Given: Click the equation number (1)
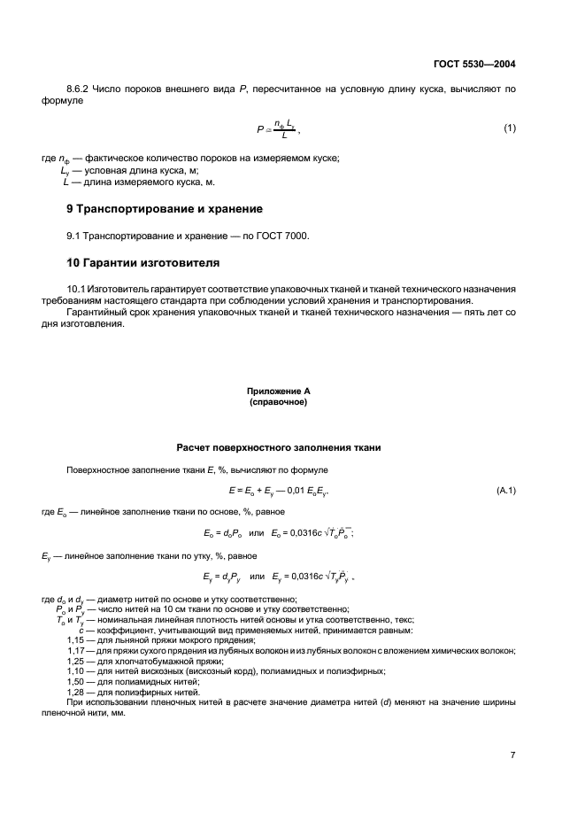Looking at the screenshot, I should click(509, 128).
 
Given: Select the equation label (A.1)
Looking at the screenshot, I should click(506, 490).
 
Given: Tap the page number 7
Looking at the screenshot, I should click(512, 755).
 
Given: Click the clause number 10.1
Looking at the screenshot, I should click(77, 290).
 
